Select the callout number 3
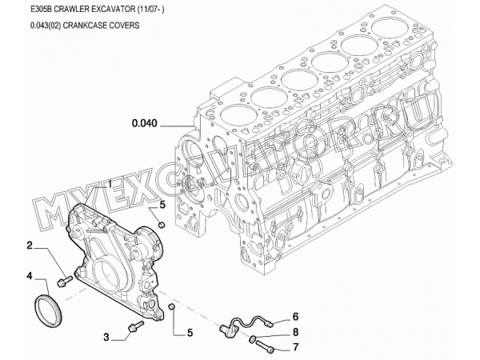click(105, 336)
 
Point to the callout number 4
click(30, 277)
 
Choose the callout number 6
click(294, 316)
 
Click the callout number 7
click(294, 346)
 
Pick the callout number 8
click(294, 331)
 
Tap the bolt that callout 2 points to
click(64, 281)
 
